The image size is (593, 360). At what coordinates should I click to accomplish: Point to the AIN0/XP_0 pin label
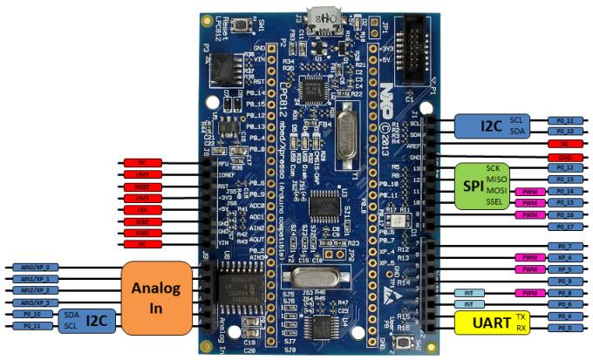pos(34,267)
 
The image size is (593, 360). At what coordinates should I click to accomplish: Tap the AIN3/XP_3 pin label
pos(34,302)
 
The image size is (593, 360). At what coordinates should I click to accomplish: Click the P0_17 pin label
pos(566,227)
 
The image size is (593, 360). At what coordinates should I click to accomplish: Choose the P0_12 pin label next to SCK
pos(566,166)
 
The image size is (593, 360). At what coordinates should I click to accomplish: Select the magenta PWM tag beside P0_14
pos(529,191)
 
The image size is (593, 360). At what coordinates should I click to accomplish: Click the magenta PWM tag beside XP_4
pos(529,258)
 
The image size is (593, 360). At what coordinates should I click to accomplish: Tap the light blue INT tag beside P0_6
pos(468,304)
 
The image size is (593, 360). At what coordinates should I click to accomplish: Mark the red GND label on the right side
pos(566,157)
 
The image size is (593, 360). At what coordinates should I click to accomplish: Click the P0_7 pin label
pos(566,247)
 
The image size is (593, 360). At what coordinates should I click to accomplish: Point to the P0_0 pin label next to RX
pos(566,328)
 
